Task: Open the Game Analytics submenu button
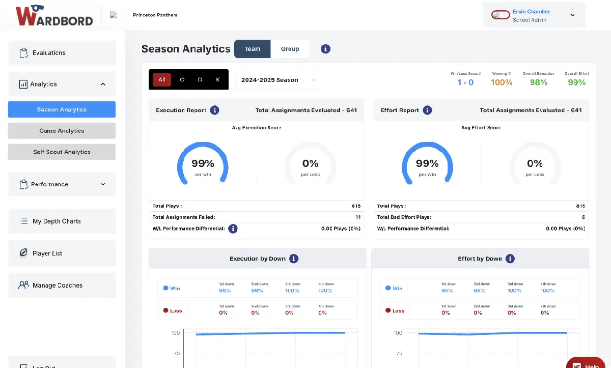click(62, 131)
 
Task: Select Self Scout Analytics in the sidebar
click(62, 152)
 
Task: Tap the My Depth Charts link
click(57, 221)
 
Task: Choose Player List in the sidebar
click(47, 253)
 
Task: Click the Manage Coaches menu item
click(57, 286)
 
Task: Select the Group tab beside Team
click(290, 49)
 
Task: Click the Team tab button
click(253, 49)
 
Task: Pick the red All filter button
click(161, 79)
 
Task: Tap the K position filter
click(218, 79)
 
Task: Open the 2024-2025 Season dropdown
click(278, 80)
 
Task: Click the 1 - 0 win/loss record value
click(465, 82)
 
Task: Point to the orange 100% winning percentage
click(502, 82)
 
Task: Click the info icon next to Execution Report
click(215, 110)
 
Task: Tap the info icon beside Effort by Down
click(510, 259)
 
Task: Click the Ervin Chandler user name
click(531, 12)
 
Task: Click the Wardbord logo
click(54, 16)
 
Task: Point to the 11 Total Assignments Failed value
click(358, 217)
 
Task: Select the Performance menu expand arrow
click(103, 184)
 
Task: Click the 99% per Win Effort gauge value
click(427, 163)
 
